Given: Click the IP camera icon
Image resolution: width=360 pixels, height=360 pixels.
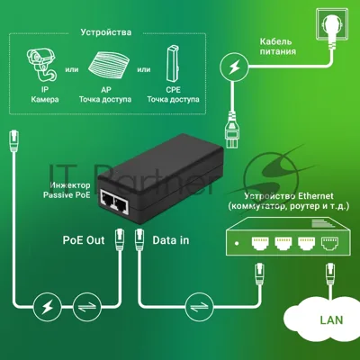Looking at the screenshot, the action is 41,65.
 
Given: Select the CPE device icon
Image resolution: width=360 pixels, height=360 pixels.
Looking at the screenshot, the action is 173,64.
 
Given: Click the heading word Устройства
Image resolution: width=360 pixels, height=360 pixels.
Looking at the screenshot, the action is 106,32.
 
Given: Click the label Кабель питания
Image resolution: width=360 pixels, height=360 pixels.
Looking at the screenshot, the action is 278,47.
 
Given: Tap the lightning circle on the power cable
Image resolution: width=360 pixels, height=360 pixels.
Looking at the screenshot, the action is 234,67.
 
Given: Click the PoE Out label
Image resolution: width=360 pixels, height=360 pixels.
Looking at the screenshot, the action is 84,240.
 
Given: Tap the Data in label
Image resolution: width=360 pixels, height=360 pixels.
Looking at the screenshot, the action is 171,240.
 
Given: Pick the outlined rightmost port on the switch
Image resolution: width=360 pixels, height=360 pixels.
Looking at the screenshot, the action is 329,243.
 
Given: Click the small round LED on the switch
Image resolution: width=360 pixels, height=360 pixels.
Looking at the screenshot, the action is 237,243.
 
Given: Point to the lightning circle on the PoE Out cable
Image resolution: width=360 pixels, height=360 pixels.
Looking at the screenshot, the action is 48,307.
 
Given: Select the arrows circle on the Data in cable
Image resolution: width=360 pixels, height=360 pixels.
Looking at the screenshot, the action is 200,307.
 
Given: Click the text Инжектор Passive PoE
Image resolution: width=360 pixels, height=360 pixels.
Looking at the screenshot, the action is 67,190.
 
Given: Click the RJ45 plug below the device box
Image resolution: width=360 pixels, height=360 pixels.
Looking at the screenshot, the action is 13,140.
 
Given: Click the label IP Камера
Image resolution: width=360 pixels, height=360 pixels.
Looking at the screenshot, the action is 44,94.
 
